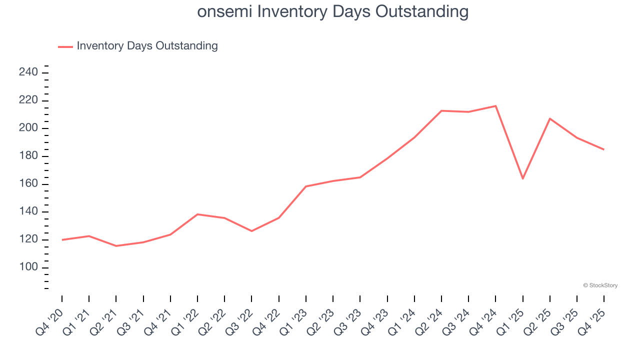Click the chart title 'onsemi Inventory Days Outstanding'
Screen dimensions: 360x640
pyautogui.click(x=332, y=11)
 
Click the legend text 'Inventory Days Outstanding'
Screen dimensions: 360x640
pyautogui.click(x=147, y=46)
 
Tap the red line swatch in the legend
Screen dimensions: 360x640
pyautogui.click(x=65, y=46)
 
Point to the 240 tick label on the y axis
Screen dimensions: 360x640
pyautogui.click(x=28, y=73)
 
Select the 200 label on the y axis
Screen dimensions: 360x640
pyautogui.click(x=28, y=128)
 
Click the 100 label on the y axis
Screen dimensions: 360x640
pyautogui.click(x=28, y=267)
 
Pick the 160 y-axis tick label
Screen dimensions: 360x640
pyautogui.click(x=28, y=184)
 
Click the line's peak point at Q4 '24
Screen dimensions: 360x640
pyautogui.click(x=495, y=106)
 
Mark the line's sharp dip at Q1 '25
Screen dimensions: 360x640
pyautogui.click(x=522, y=178)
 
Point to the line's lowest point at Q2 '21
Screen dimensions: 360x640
pyautogui.click(x=116, y=246)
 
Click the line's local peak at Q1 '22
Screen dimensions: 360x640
pyautogui.click(x=197, y=214)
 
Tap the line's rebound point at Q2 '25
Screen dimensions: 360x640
pyautogui.click(x=550, y=118)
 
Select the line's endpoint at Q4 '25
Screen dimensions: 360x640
pyautogui.click(x=603, y=149)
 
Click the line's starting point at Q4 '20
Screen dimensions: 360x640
pyautogui.click(x=62, y=240)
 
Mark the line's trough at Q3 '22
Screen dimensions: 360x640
pyautogui.click(x=251, y=231)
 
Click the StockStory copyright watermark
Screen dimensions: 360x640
pyautogui.click(x=600, y=285)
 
